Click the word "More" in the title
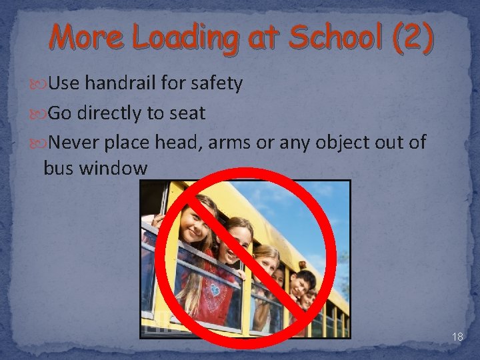(85, 37)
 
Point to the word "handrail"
(123, 83)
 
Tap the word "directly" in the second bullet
(110, 113)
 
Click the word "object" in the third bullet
(349, 143)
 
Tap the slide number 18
(457, 337)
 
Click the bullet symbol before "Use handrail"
(40, 84)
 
